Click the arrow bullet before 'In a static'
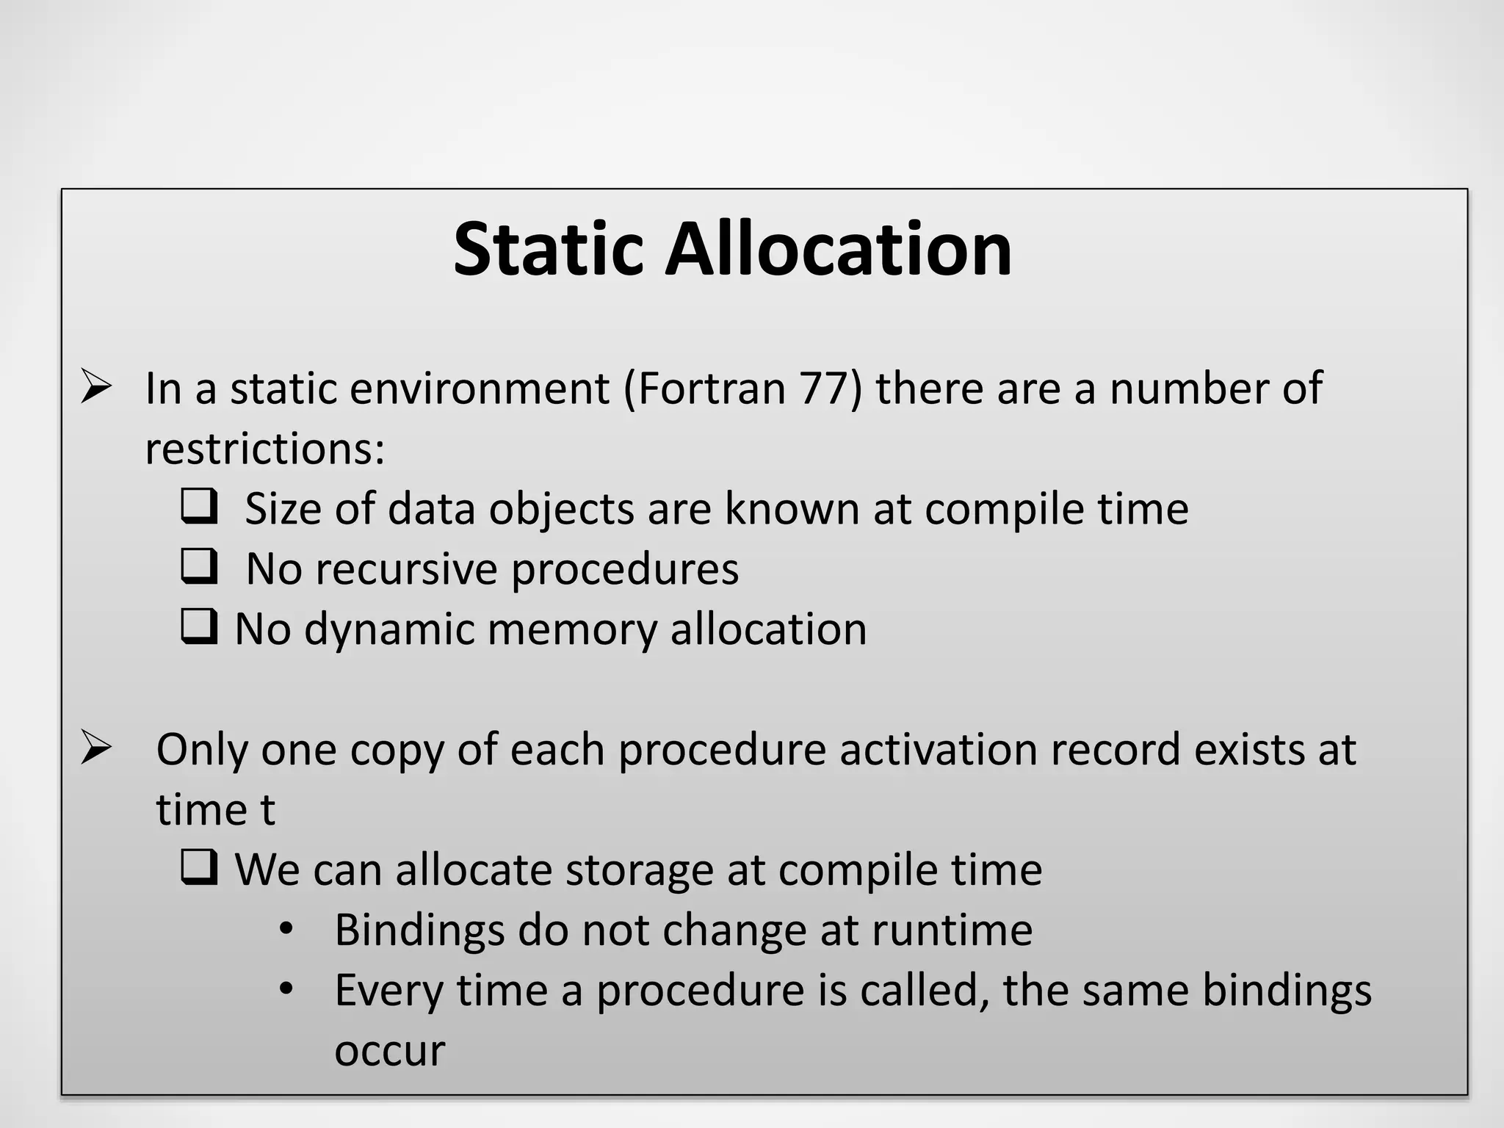[96, 387]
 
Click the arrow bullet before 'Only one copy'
[96, 748]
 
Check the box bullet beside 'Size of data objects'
[199, 506]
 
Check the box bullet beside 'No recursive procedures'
[199, 566]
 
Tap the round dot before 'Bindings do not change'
[286, 930]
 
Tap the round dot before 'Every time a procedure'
[286, 990]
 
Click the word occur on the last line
[389, 1051]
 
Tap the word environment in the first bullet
[480, 388]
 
